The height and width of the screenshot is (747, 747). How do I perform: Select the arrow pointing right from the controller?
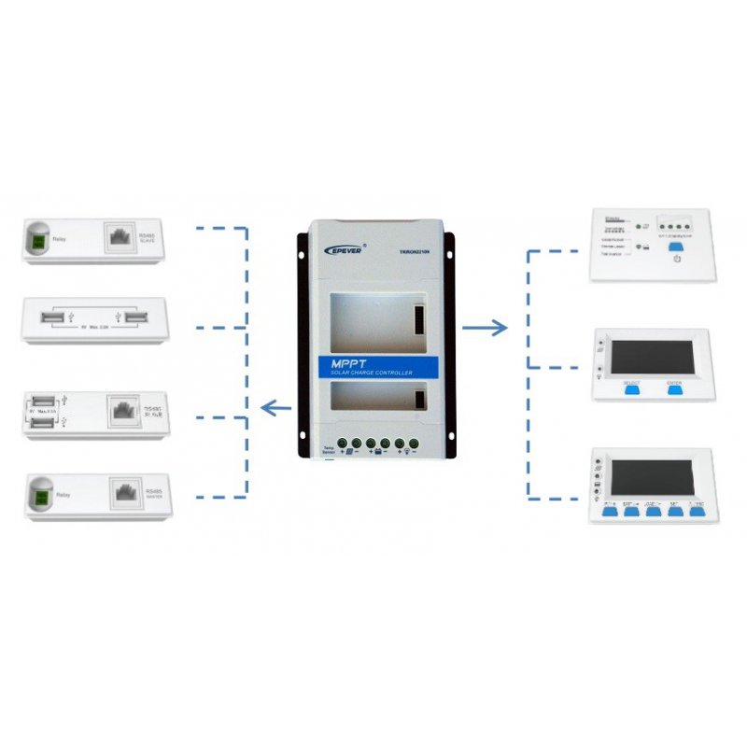click(486, 328)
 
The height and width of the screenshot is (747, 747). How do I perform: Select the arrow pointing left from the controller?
click(277, 407)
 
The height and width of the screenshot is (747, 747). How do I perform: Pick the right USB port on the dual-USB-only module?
click(136, 320)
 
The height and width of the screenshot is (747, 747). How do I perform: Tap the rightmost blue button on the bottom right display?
click(695, 511)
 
